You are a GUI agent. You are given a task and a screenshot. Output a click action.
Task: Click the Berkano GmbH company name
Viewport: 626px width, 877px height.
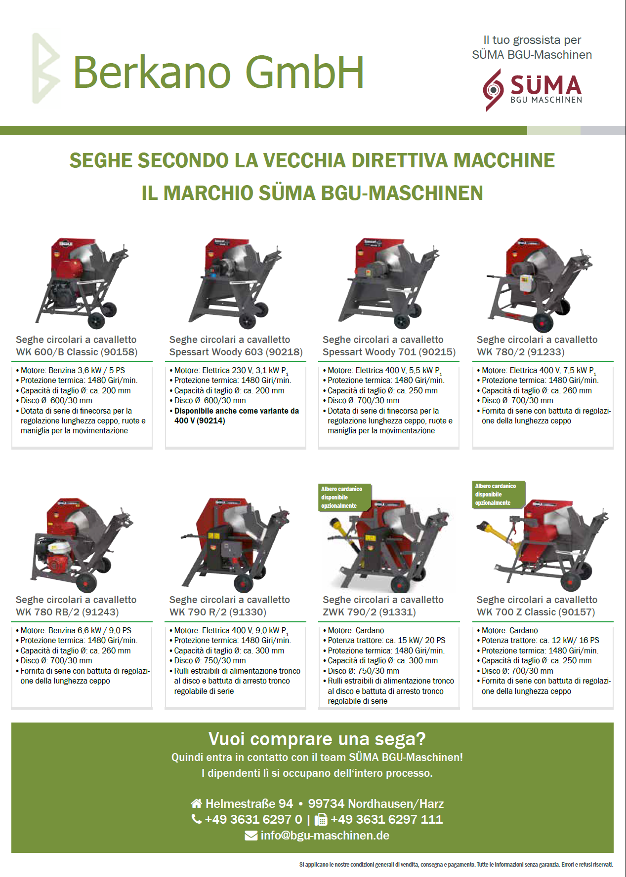point(218,72)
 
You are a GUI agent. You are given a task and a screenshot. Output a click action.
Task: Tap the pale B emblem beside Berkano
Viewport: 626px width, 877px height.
point(46,69)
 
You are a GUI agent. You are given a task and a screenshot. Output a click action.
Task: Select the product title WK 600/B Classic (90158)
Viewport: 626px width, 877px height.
point(77,352)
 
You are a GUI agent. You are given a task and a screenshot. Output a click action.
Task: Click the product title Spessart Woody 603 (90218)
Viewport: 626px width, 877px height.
point(236,352)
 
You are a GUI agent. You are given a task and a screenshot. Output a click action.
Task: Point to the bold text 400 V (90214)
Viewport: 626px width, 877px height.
point(200,421)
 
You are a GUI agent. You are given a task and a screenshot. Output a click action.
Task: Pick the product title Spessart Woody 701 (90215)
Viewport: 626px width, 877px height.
point(389,352)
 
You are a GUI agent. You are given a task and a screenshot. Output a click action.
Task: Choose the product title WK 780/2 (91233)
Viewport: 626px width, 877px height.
point(520,352)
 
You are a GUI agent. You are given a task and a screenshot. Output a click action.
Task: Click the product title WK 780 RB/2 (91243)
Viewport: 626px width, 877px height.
point(67,612)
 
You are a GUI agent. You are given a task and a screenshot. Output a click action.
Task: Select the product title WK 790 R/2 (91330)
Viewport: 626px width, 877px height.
point(218,612)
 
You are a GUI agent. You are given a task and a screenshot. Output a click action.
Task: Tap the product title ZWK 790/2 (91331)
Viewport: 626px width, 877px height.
point(369,612)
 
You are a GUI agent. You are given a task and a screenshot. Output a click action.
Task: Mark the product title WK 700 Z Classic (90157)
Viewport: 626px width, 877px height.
point(536,612)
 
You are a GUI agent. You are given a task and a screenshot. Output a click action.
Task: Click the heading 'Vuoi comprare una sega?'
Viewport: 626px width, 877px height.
point(317,739)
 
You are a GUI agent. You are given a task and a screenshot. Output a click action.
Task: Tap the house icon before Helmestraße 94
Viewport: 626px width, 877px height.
point(197,803)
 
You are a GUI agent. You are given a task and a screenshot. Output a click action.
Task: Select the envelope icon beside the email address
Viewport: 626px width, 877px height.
point(251,836)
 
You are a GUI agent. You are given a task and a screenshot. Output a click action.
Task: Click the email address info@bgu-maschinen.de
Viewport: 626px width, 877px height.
point(325,836)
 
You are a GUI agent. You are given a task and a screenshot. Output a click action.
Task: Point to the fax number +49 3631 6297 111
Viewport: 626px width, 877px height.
point(386,819)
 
